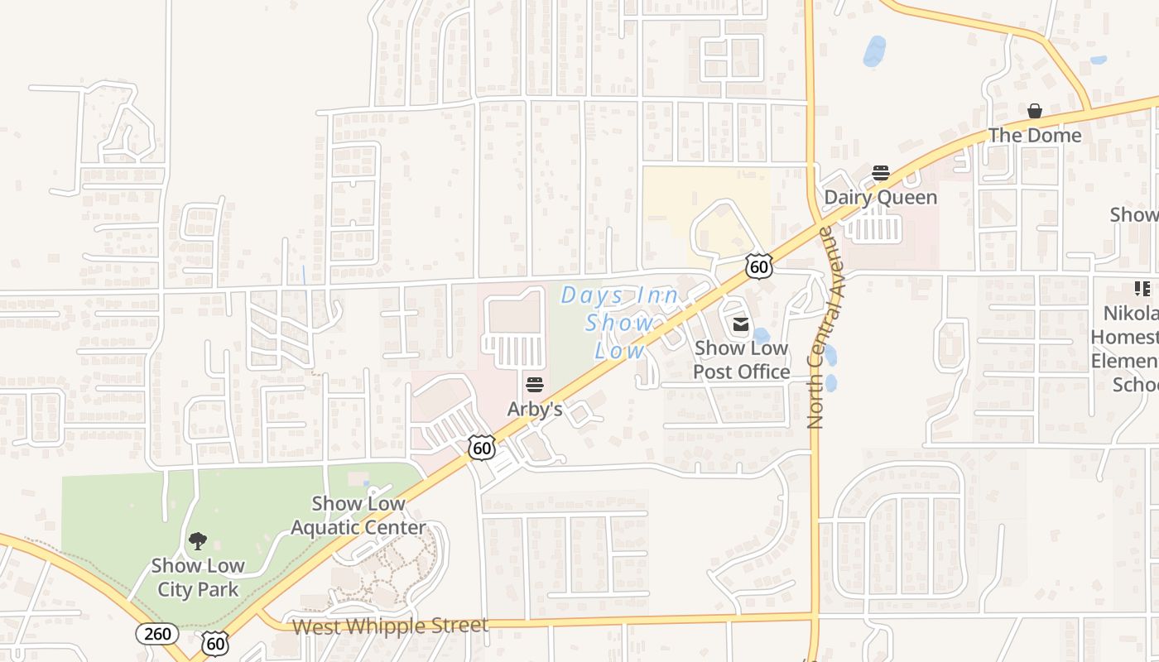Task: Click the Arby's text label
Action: point(535,409)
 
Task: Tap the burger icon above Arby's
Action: point(535,385)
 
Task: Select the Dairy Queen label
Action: point(880,197)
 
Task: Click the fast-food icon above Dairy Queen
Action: point(880,173)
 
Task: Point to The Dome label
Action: point(1035,135)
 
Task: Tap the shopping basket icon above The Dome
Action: point(1035,111)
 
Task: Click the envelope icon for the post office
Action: point(741,324)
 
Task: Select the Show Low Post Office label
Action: point(741,360)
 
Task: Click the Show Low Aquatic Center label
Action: point(358,515)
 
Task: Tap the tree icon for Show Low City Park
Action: point(198,542)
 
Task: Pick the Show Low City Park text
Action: point(198,578)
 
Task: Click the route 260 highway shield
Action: point(156,635)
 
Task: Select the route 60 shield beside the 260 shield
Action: point(215,642)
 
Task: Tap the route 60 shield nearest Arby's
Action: point(481,448)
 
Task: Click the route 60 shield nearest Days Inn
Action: point(758,266)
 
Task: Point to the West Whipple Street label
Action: point(390,626)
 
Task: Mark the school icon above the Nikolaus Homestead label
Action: point(1142,289)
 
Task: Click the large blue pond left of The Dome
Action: point(874,51)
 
